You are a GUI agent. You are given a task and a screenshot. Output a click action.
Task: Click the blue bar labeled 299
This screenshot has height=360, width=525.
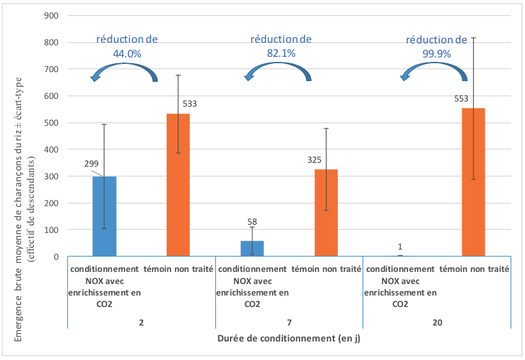tap(104, 217)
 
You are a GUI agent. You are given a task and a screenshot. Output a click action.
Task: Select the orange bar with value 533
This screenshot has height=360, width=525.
tap(178, 185)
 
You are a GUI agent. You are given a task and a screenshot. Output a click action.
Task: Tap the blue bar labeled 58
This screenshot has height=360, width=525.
tap(252, 249)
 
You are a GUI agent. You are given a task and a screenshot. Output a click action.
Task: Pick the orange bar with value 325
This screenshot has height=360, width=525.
tap(326, 213)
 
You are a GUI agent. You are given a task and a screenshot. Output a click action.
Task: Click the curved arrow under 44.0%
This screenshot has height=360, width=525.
tap(124, 71)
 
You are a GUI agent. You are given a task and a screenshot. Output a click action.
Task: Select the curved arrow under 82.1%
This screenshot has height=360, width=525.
tap(278, 71)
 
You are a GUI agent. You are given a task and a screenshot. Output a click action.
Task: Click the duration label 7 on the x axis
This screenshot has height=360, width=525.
tap(289, 322)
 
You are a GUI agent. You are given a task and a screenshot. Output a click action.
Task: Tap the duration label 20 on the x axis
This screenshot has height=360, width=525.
tap(437, 322)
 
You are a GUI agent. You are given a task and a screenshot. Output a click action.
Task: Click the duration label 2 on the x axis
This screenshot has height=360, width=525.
tap(141, 322)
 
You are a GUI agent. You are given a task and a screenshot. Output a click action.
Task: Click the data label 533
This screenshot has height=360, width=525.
tap(190, 103)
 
